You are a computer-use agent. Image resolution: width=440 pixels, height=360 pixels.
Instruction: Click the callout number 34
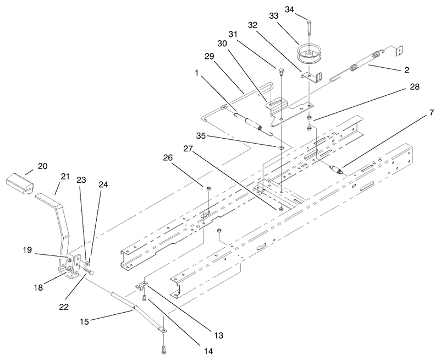289,9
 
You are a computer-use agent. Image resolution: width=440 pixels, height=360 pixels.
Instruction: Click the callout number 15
84,321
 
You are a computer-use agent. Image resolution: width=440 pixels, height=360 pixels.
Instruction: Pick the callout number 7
431,113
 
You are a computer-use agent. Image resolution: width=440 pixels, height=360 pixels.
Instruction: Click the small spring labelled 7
337,170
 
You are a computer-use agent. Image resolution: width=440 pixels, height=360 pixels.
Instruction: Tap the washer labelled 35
281,147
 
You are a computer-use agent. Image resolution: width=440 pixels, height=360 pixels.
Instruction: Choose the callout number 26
168,157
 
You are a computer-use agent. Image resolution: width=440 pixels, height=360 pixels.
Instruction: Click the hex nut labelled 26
208,188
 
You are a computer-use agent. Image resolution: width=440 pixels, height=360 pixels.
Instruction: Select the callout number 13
219,335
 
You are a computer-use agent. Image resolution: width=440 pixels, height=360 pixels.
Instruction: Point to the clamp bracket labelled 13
141,285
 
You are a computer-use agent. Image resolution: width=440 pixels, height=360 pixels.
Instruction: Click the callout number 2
406,70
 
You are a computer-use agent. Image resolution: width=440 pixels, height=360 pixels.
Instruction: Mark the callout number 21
65,177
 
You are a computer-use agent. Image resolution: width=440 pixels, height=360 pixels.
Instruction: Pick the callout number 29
209,57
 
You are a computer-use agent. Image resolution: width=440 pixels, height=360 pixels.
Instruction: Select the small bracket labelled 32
312,77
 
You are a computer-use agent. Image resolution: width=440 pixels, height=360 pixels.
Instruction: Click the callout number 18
38,287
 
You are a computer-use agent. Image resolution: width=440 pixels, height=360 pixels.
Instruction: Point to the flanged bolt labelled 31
280,72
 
